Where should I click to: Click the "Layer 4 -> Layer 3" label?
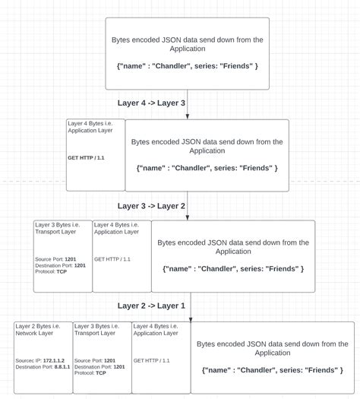[151, 103]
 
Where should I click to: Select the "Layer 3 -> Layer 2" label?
[151, 205]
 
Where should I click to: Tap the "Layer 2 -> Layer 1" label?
[151, 306]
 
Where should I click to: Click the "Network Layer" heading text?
[37, 333]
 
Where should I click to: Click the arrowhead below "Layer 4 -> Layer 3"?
[188, 116]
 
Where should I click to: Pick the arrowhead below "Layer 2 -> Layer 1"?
[190, 318]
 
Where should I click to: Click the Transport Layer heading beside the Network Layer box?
[97, 333]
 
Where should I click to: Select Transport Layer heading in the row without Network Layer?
[58, 232]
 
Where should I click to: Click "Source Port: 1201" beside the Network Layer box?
[96, 361]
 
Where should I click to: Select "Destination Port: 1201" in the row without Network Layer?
[61, 265]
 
